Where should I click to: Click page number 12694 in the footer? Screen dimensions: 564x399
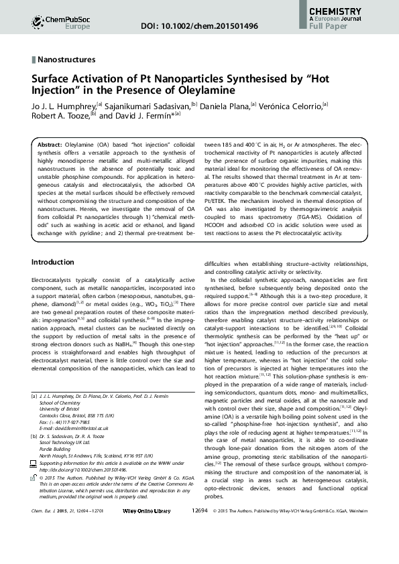coord(200,548)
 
